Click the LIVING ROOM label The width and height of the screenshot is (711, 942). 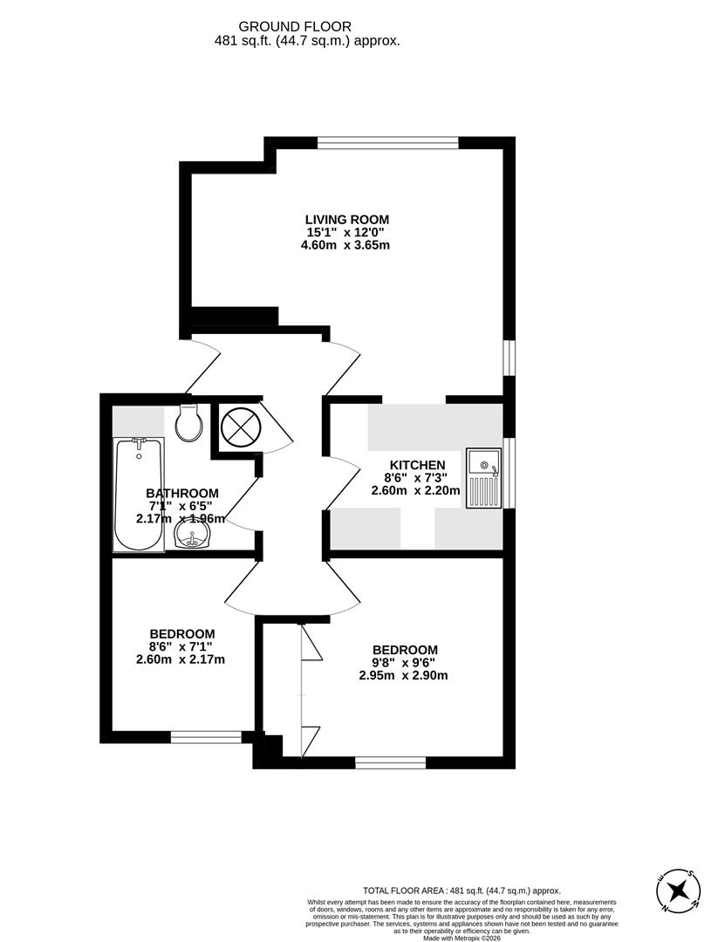coord(346,219)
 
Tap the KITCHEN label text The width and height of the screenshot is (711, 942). coord(417,465)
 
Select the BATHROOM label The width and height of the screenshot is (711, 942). coord(181,493)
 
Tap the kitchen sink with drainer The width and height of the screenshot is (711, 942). coord(483,479)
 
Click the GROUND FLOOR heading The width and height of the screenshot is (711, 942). coord(307,27)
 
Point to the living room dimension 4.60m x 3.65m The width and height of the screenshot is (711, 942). coord(346,245)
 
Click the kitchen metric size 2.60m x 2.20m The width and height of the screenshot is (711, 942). coord(417,490)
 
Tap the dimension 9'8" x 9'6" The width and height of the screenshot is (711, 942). coord(404,662)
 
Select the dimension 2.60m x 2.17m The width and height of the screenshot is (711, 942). coord(181,659)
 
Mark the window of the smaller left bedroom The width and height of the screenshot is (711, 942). coord(206,738)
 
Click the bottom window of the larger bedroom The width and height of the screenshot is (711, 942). coord(390,763)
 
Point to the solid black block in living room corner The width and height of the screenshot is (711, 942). coord(234,317)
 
